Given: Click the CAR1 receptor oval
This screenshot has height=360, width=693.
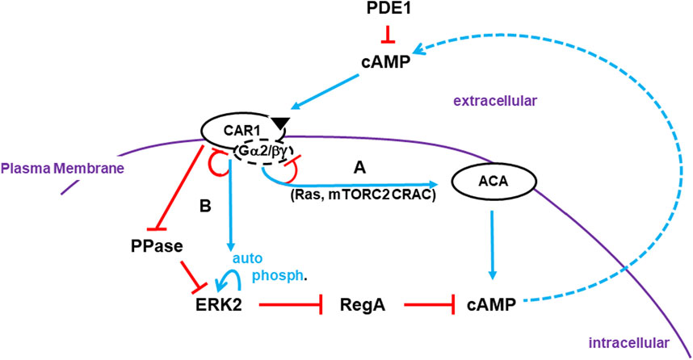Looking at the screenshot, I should click(x=237, y=130).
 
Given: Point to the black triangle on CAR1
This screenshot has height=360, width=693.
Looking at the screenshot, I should click(x=279, y=122).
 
